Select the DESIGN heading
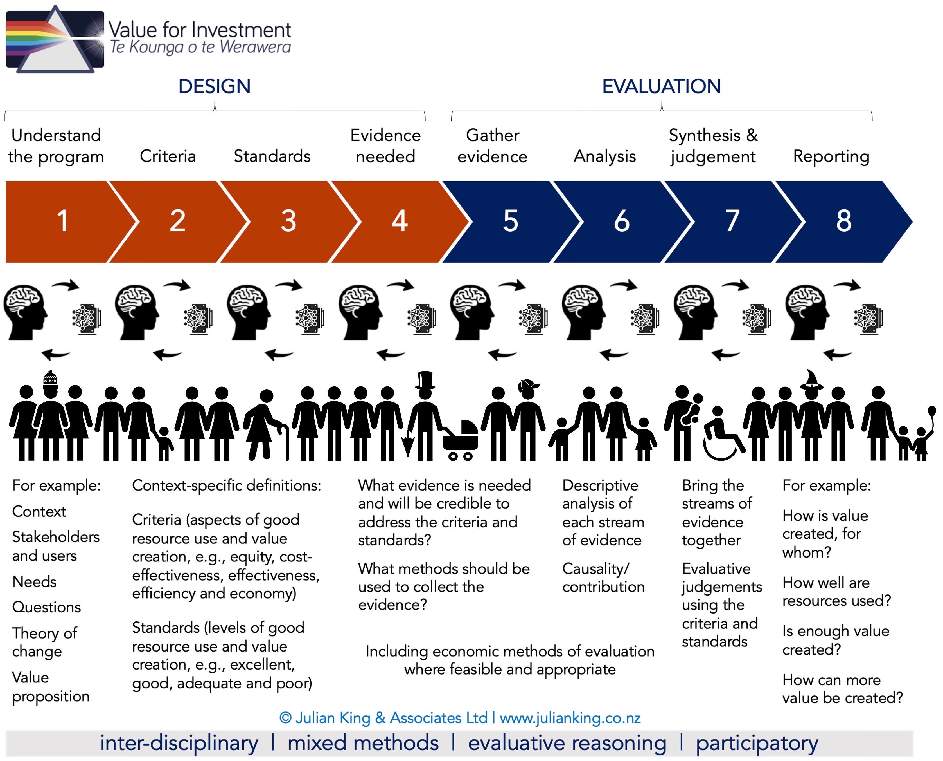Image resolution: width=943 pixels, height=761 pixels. point(214,86)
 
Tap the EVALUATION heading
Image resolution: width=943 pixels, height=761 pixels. point(661,86)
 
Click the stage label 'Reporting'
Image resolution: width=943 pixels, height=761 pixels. point(831,156)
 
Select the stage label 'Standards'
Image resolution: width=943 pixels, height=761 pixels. point(272,156)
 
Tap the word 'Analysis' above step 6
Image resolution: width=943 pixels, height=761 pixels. point(604,156)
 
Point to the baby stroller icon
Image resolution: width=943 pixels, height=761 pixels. point(461,440)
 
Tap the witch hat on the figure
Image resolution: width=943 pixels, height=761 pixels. point(811,380)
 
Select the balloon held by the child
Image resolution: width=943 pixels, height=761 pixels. point(931,412)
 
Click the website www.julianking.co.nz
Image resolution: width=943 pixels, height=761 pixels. point(570,718)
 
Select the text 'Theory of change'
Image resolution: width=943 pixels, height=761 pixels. point(45,642)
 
